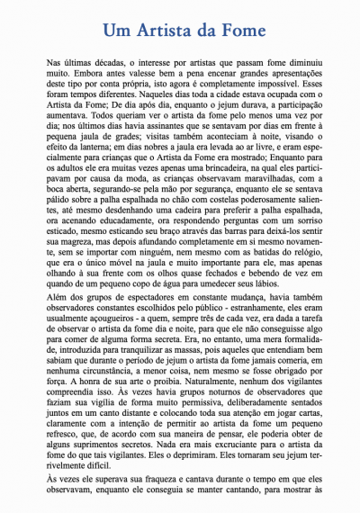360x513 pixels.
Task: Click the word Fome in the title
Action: click(x=234, y=30)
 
